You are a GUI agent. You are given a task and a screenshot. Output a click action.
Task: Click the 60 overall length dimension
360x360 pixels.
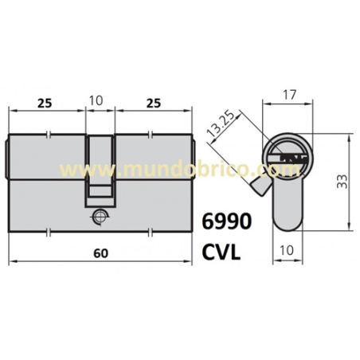point(100,252)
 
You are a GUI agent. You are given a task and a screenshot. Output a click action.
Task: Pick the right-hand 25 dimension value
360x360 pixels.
point(153,102)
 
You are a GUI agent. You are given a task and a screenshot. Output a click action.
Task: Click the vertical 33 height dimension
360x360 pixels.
point(342,182)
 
